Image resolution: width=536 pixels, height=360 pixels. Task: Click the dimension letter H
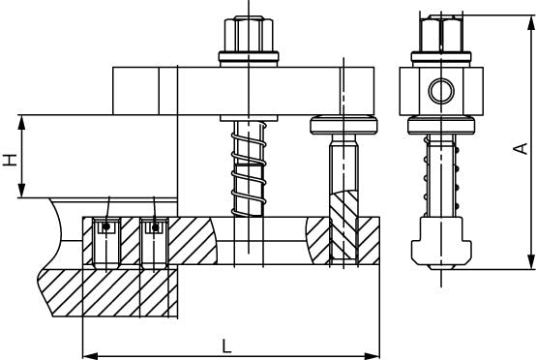click(11, 160)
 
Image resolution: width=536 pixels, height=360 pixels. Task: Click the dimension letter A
click(521, 149)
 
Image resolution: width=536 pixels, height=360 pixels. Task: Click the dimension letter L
click(226, 346)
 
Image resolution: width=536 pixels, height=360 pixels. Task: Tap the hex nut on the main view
click(249, 34)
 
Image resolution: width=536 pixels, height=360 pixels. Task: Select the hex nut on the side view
click(441, 34)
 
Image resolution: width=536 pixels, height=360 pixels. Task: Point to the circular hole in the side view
click(441, 91)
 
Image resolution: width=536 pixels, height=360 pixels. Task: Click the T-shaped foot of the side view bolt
click(441, 243)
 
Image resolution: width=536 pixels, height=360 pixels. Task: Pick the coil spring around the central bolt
click(249, 169)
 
